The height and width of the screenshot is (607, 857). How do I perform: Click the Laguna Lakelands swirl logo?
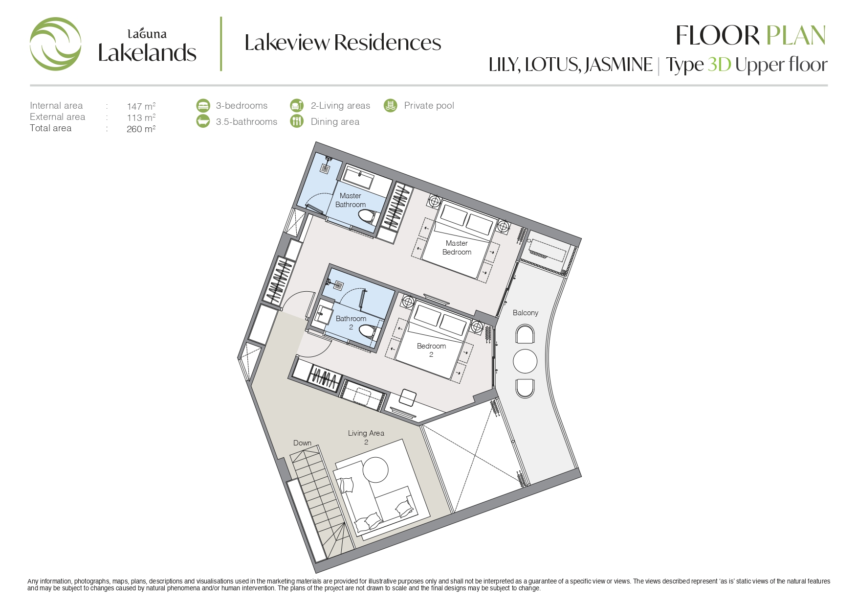[55, 44]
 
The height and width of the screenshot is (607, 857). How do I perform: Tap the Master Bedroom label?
[457, 248]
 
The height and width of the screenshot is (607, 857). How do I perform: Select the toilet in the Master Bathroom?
[367, 216]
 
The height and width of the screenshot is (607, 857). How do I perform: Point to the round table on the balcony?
[525, 361]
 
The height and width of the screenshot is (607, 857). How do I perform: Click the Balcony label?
[526, 313]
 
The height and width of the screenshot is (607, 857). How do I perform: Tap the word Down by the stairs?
[302, 443]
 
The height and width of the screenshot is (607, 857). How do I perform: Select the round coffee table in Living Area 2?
[375, 470]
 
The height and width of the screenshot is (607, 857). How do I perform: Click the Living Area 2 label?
[366, 438]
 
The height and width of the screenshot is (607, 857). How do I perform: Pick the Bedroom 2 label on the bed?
[431, 350]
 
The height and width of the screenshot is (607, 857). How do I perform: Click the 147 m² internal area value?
[141, 106]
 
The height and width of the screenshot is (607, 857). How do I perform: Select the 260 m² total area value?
[141, 129]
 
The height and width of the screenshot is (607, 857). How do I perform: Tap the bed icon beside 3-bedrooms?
[203, 105]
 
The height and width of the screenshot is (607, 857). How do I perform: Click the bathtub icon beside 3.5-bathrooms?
[203, 121]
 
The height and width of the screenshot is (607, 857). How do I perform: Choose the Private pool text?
[429, 105]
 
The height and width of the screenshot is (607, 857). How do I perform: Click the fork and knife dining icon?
[297, 121]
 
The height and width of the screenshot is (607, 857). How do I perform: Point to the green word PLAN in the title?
[796, 36]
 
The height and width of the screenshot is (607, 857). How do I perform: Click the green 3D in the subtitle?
[719, 65]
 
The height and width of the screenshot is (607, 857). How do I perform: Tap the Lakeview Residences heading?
[343, 43]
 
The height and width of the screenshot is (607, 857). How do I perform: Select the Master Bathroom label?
[351, 200]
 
